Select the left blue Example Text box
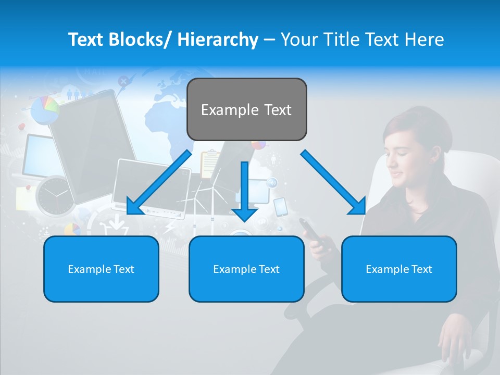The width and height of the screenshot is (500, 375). pos(101,269)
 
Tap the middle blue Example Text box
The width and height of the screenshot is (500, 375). pos(246,269)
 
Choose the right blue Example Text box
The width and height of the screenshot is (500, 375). pos(399,269)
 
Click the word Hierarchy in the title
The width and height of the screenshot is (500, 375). pos(218,40)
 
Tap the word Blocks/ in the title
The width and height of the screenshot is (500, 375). pos(141,40)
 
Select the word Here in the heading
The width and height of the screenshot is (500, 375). pos(426,40)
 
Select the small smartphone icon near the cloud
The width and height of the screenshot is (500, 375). pos(280,206)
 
